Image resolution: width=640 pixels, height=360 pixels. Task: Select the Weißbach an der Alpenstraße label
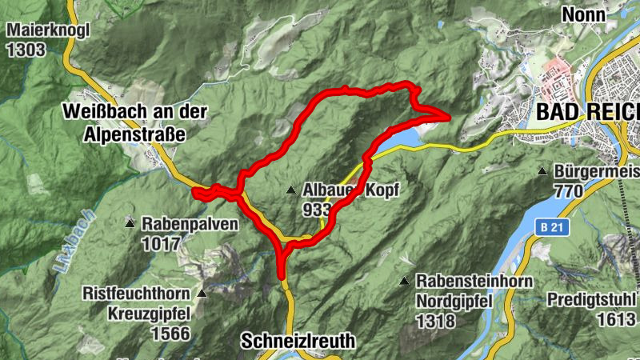134,122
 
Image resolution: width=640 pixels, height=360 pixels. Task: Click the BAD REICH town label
588,112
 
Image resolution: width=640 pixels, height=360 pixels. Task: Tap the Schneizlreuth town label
298,341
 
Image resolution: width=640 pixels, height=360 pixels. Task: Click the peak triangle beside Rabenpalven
130,223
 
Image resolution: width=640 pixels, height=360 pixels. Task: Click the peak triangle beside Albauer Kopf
290,190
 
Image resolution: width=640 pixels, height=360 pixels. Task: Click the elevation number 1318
435,322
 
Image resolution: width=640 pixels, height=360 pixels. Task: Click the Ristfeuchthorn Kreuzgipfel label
136,302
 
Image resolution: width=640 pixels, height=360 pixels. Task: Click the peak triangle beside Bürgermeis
543,171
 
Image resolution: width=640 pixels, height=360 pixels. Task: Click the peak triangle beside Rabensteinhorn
405,281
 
